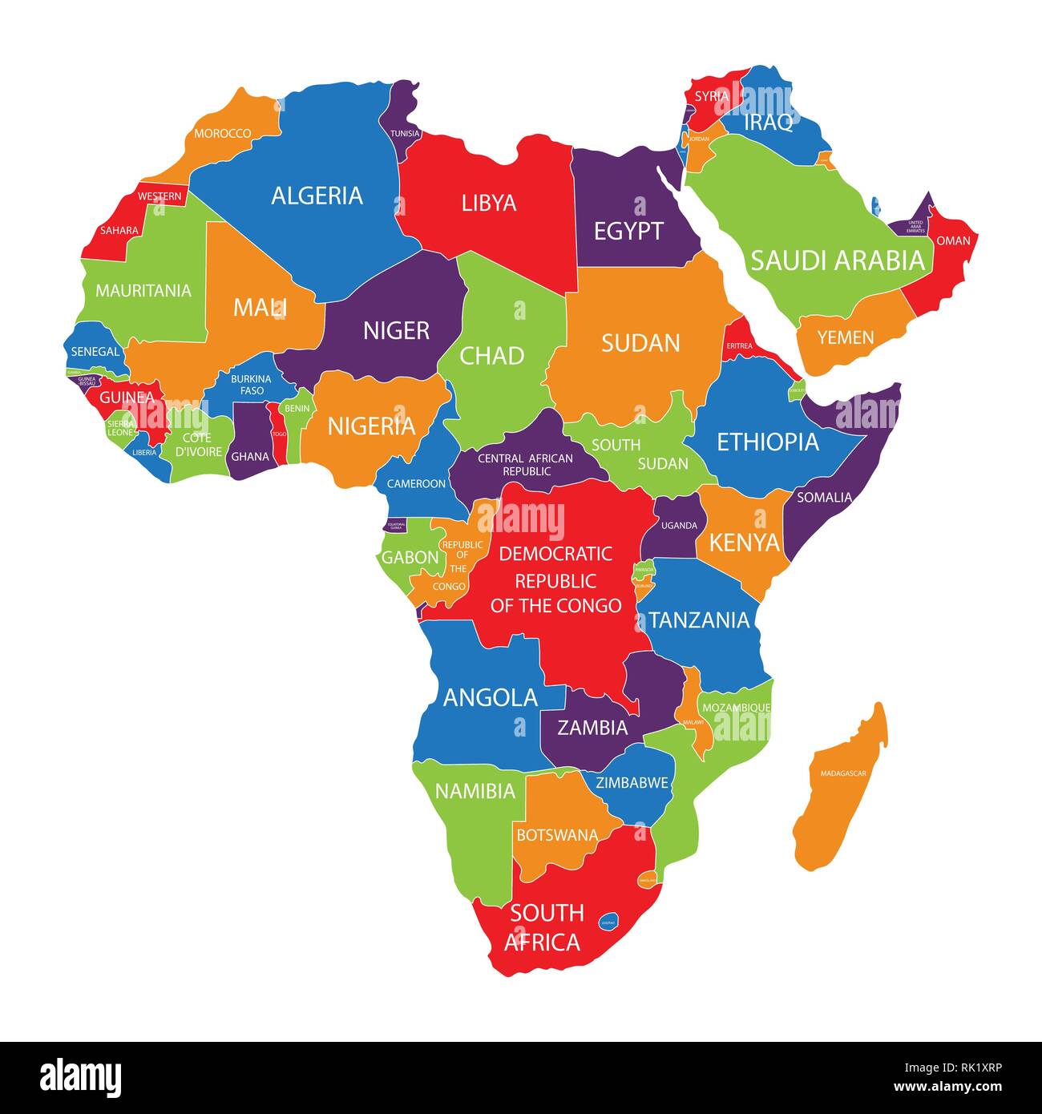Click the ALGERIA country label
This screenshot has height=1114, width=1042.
pos(317,196)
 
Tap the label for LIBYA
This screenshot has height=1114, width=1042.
pos(489,203)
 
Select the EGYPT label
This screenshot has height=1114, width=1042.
pos(628,232)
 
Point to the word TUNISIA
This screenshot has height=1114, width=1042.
pos(405,133)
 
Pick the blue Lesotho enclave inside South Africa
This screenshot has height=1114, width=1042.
pos(608,922)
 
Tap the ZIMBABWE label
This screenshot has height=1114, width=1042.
pos(632,783)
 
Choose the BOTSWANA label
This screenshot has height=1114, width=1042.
pos(557,835)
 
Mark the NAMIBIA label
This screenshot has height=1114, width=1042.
pos(475,792)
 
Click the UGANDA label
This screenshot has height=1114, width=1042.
pos(679,526)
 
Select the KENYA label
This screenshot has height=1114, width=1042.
pos(745,543)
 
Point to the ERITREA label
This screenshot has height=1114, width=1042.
pos(740,345)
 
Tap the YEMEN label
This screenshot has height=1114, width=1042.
pos(846,337)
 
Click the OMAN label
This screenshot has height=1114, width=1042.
pos(953,240)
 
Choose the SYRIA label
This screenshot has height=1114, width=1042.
pos(712,96)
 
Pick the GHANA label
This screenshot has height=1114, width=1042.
pos(250,457)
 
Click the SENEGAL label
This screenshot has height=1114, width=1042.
pos(95,351)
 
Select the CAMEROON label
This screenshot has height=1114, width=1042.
pos(416,483)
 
